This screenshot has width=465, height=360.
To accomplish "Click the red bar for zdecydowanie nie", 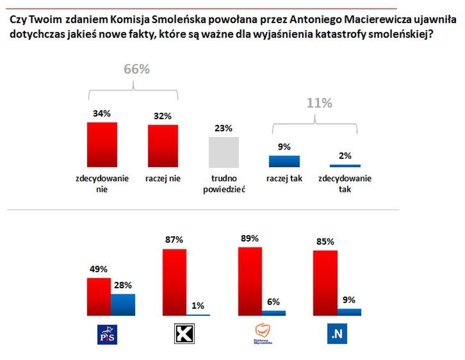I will coord(102,144).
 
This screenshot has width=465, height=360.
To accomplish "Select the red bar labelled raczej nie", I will coord(163,145).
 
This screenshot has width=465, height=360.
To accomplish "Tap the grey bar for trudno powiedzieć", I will coord(224,152).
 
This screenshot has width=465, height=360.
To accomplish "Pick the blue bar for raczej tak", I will coord(284,161).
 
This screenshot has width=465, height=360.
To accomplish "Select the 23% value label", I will coord(224,128).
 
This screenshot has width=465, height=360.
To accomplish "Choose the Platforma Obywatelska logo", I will coord(261,334).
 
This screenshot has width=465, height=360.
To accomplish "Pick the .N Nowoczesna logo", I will coord(337,334).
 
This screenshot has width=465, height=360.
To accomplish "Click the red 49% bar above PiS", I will coord(99,297).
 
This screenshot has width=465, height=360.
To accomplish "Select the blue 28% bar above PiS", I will coord(123,305).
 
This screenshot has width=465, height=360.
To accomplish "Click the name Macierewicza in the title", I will coord(354,20).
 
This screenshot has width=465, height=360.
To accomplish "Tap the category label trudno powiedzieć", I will coord(224,184).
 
